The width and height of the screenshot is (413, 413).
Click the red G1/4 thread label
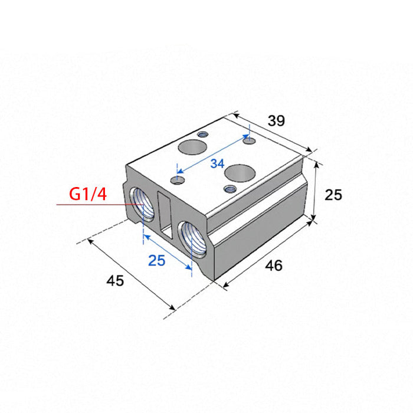pyautogui.click(x=88, y=194)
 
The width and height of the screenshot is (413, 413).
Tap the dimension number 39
pyautogui.click(x=276, y=121)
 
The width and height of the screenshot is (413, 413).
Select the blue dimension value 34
pyautogui.click(x=217, y=163)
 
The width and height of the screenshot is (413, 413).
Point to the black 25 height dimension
pyautogui.click(x=333, y=195)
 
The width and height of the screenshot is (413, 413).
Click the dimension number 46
pyautogui.click(x=274, y=265)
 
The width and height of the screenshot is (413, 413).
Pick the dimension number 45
pyautogui.click(x=115, y=280)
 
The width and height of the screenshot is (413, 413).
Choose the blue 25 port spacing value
pyautogui.click(x=157, y=261)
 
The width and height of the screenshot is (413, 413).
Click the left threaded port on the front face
pyautogui.click(x=142, y=204)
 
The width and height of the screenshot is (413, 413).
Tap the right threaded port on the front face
pyautogui.click(x=192, y=240)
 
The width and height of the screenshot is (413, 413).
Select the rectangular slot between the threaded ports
pyautogui.click(x=165, y=214)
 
